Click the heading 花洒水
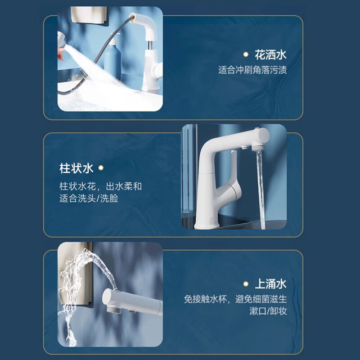click(x=270, y=54)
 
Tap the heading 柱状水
click(x=76, y=168)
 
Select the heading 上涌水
click(x=270, y=284)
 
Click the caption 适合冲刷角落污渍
click(x=252, y=70)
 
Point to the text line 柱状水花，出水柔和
click(x=100, y=186)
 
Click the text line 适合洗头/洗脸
click(x=89, y=198)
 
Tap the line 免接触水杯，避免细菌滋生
click(x=235, y=299)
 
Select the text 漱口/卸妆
click(x=268, y=311)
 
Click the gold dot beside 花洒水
click(x=246, y=54)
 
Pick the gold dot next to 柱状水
click(x=101, y=168)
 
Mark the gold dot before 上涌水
click(x=246, y=284)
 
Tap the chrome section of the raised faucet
click(x=150, y=45)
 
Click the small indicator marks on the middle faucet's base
click(x=211, y=220)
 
